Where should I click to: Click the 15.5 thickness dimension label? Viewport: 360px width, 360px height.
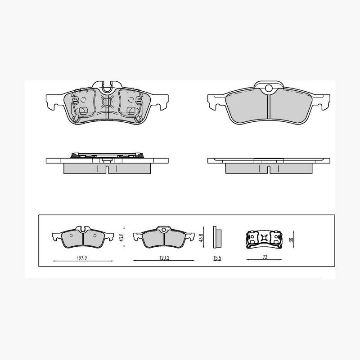coord(217,258)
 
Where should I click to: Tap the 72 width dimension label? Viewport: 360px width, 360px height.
coord(265,257)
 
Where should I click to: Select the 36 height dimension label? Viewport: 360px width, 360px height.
coord(291,240)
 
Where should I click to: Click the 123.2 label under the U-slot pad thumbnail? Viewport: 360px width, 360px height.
coord(82,258)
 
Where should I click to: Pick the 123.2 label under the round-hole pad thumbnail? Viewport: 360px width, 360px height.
coord(164,258)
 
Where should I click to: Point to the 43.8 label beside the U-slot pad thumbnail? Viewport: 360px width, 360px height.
coord(122,237)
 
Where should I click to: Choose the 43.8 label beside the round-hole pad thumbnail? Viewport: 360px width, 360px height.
coord(201,238)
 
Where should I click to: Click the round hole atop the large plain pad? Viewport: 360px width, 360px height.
coord(269,88)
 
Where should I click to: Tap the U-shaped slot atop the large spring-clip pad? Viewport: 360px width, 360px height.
coord(107,87)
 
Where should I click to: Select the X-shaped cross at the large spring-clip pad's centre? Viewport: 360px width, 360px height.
coord(107,101)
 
